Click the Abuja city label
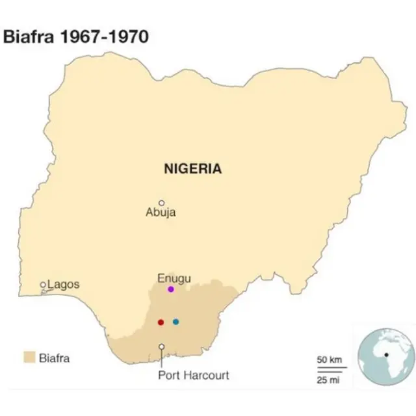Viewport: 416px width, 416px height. coord(161,213)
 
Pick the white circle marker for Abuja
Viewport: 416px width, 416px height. coord(162,203)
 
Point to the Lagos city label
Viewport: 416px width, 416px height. coord(63,284)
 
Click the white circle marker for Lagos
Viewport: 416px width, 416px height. coord(44,285)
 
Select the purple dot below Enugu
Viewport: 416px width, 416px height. coord(170,289)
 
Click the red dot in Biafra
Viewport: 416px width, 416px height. coord(161,322)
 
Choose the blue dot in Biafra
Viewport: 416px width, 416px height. coord(175,322)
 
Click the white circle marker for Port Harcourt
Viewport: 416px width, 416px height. coord(161,346)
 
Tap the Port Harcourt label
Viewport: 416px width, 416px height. coord(194,375)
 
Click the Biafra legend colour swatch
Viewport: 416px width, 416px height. coord(29,357)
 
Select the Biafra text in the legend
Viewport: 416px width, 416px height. coord(55,357)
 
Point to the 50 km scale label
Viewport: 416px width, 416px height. coord(329,360)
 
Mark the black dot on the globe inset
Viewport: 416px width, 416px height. coord(385,355)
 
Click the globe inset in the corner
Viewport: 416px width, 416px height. coord(385,357)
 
